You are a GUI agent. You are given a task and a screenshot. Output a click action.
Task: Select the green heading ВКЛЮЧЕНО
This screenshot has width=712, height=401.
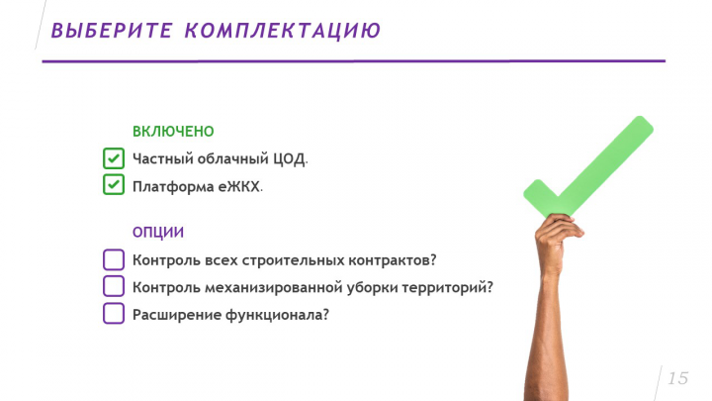pos(173,131)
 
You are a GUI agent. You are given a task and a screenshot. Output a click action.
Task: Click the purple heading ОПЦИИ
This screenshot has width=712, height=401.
pos(158,233)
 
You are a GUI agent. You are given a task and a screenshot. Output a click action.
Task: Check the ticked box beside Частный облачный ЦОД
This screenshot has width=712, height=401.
pos(114,158)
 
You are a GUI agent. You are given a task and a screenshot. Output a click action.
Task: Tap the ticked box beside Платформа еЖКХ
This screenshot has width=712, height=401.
pos(114,185)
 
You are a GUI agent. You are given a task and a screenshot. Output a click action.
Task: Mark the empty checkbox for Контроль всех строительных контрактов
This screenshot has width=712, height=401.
pos(114,260)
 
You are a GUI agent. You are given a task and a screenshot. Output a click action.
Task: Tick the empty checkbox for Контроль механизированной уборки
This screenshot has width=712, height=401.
pos(114,287)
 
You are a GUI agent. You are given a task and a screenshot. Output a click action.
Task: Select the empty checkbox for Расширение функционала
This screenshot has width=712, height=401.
pos(114,314)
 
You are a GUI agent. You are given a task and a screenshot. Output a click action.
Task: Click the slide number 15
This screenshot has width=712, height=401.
pos(677,378)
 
